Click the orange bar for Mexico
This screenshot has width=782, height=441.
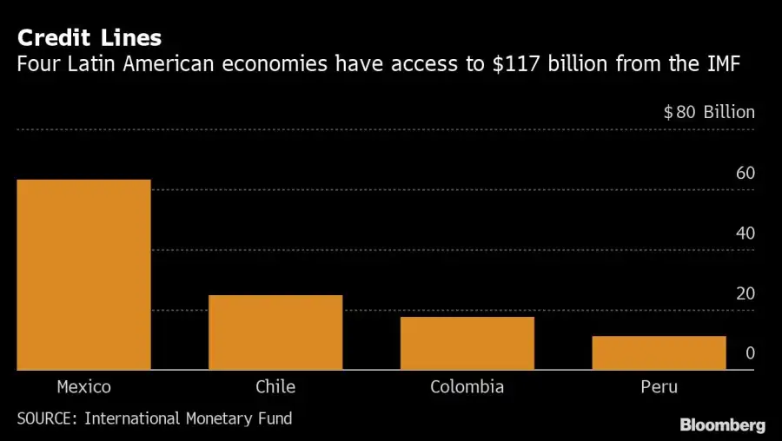tap(83, 274)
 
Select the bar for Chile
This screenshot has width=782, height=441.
tap(275, 332)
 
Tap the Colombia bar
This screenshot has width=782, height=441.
tap(467, 343)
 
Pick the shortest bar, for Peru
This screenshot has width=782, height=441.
tap(659, 352)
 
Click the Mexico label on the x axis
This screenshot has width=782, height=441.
tap(83, 387)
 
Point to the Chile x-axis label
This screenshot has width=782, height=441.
tap(275, 387)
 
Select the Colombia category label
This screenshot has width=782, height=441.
tap(467, 387)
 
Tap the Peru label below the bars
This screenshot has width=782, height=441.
tap(659, 387)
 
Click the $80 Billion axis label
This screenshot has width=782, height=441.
tap(709, 112)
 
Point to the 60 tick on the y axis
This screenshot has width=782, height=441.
tap(745, 173)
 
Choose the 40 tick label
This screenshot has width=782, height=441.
tap(745, 234)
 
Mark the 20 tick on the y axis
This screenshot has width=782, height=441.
tap(745, 293)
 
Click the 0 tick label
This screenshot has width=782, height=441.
tap(750, 353)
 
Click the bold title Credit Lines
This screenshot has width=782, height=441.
tap(89, 38)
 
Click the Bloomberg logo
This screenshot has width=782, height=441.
tap(722, 425)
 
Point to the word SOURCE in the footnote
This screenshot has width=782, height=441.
tap(45, 418)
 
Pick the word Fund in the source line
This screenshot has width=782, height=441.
tap(275, 418)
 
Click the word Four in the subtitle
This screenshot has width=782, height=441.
tap(36, 63)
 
